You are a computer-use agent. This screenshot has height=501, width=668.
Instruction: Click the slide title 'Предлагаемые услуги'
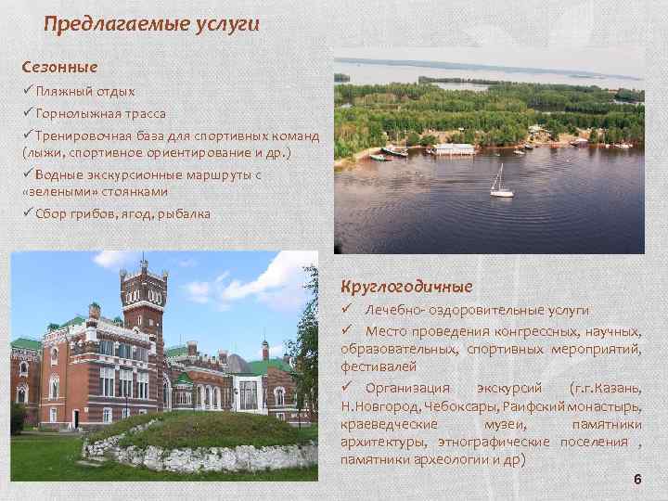152,23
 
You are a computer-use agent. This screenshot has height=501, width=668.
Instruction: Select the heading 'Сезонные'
60,67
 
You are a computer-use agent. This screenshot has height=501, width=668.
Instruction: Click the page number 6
636,479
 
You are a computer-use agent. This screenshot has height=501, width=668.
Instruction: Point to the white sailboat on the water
501,184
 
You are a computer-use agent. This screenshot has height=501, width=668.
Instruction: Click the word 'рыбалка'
185,214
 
